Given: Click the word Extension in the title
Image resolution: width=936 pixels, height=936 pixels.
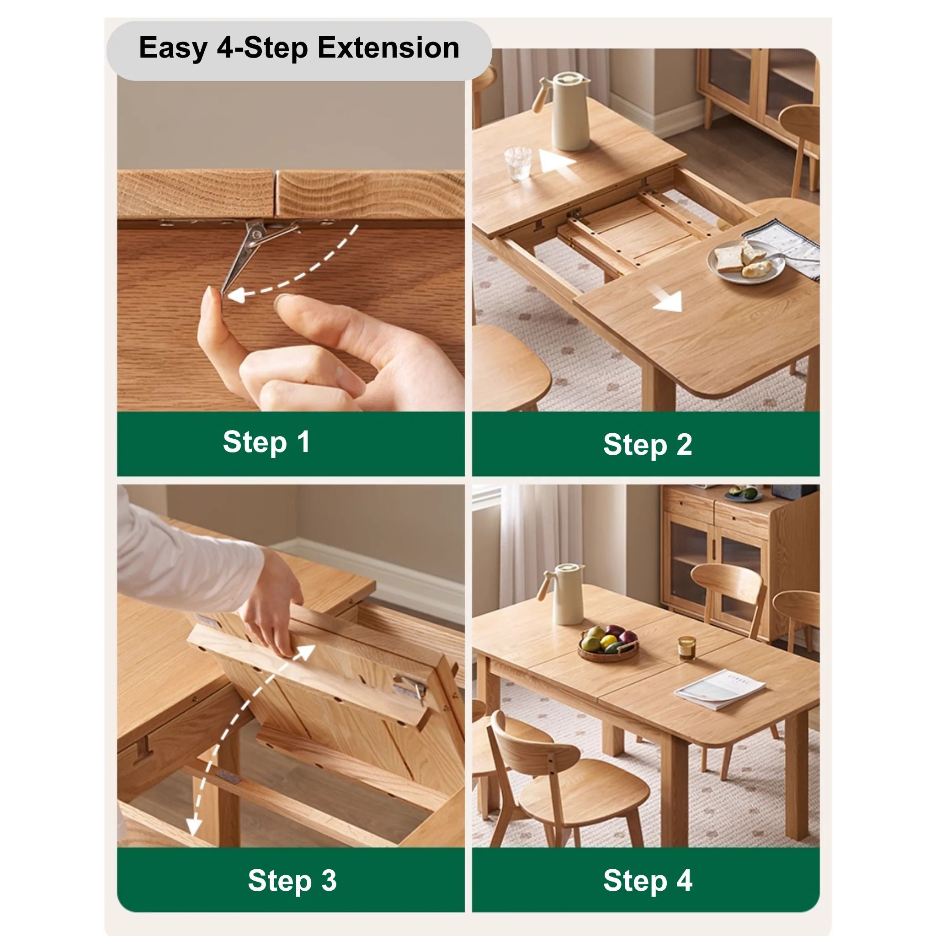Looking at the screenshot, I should [388, 48].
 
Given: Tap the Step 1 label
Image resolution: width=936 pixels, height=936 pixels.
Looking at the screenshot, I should [266, 442].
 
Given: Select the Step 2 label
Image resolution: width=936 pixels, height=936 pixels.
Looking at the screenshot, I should [647, 444].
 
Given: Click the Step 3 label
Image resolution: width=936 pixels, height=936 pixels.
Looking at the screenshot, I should [292, 880].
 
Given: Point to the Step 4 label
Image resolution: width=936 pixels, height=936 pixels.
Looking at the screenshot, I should [647, 880].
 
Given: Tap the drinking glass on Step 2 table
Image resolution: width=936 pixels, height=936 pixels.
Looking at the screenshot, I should [518, 163].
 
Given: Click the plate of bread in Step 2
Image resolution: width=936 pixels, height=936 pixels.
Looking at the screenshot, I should [745, 261].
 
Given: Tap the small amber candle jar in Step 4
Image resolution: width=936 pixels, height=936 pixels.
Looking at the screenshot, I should [686, 648].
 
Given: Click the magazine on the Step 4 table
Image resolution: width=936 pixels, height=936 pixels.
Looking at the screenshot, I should [720, 689].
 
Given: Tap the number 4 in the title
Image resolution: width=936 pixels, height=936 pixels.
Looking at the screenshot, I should [225, 48].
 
